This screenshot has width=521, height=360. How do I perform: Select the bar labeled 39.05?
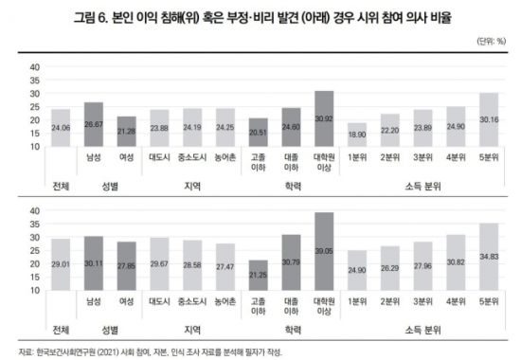point(324,251)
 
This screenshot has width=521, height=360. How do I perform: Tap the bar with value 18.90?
point(358,135)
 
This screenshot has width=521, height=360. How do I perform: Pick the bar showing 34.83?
point(489,257)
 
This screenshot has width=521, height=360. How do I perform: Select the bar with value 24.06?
point(61,128)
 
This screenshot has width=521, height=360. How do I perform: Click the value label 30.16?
point(489,120)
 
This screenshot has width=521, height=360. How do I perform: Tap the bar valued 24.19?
point(192,128)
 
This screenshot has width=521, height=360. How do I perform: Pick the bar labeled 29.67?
point(159,264)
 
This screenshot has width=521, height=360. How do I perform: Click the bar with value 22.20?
point(391,132)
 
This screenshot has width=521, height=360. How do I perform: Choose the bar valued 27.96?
point(423,266)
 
